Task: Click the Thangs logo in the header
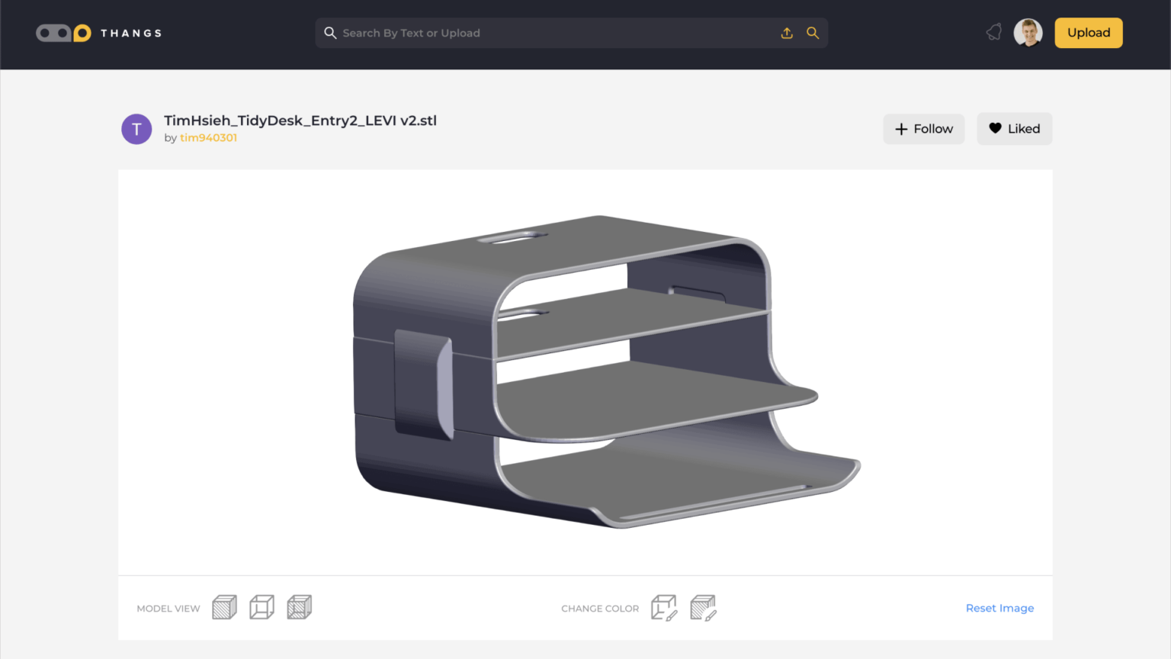pyautogui.click(x=98, y=33)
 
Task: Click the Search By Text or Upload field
pyautogui.click(x=549, y=33)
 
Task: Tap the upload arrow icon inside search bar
pyautogui.click(x=787, y=33)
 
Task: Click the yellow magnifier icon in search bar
pyautogui.click(x=813, y=33)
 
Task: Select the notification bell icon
pyautogui.click(x=993, y=32)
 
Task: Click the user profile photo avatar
pyautogui.click(x=1028, y=33)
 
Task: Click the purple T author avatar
pyautogui.click(x=136, y=129)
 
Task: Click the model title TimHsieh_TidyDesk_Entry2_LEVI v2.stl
pyautogui.click(x=300, y=121)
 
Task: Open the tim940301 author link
pyautogui.click(x=208, y=138)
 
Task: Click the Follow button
pyautogui.click(x=923, y=129)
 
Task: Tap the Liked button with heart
pyautogui.click(x=1014, y=129)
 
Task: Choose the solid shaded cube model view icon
pyautogui.click(x=224, y=607)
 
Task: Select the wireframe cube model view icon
pyautogui.click(x=261, y=607)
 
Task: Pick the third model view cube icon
pyautogui.click(x=299, y=607)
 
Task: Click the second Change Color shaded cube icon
pyautogui.click(x=703, y=608)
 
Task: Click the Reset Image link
pyautogui.click(x=999, y=608)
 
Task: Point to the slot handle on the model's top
pyautogui.click(x=512, y=238)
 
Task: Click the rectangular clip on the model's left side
pyautogui.click(x=424, y=384)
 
